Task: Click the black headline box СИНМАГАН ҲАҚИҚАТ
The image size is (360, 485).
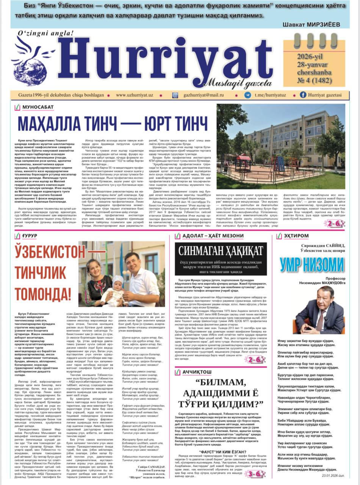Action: coord(221,251)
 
